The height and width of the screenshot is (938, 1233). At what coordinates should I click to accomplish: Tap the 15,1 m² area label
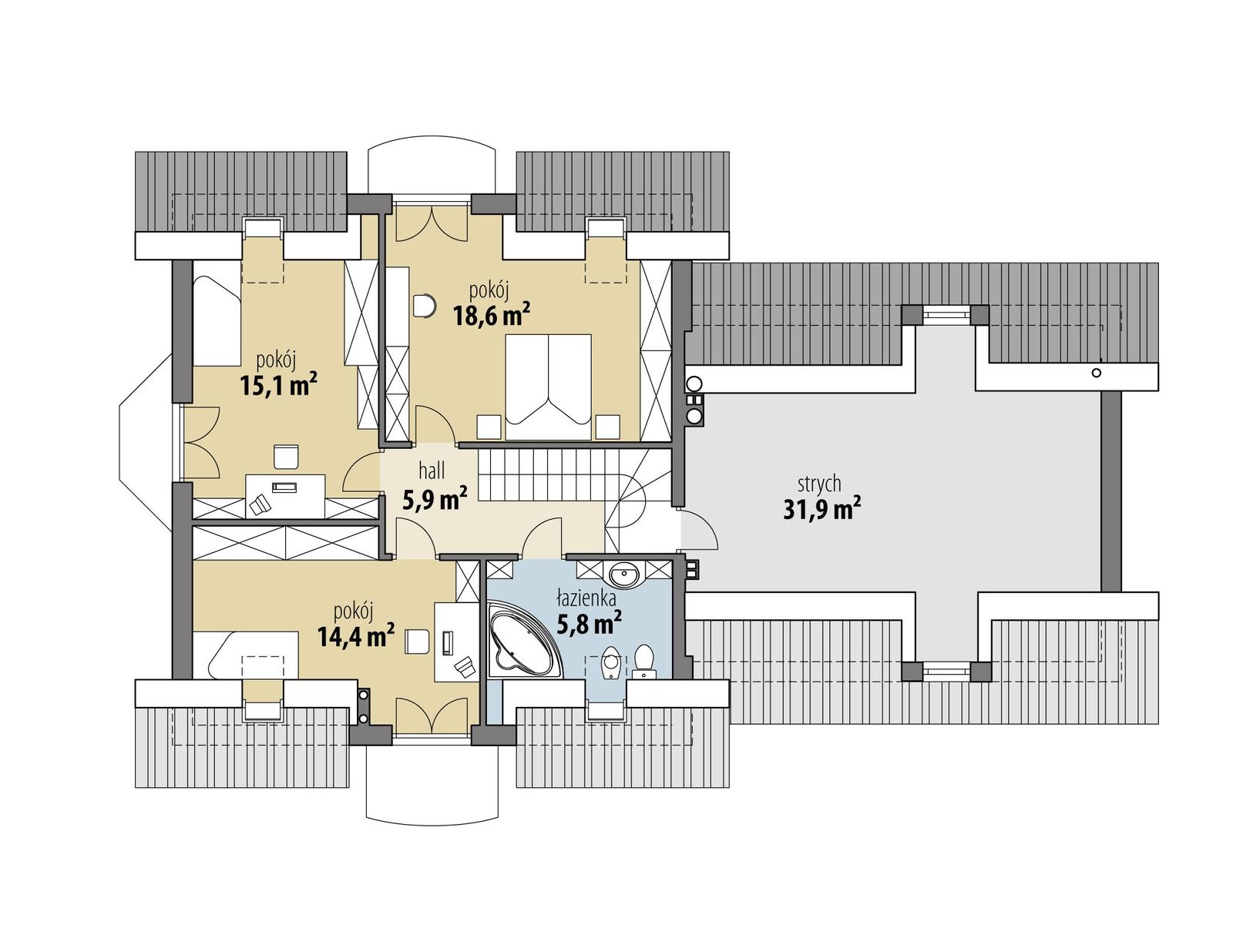(x=279, y=384)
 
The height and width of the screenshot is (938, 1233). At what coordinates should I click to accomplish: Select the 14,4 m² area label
(x=355, y=636)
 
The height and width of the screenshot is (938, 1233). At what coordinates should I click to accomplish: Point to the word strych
(x=819, y=484)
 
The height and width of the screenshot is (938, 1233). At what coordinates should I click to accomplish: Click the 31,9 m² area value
(x=821, y=510)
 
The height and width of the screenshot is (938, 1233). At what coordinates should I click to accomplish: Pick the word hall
(x=432, y=471)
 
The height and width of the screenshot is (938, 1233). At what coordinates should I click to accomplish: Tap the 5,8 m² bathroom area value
(x=589, y=622)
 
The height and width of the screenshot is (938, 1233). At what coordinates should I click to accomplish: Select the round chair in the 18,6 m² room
(x=424, y=307)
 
